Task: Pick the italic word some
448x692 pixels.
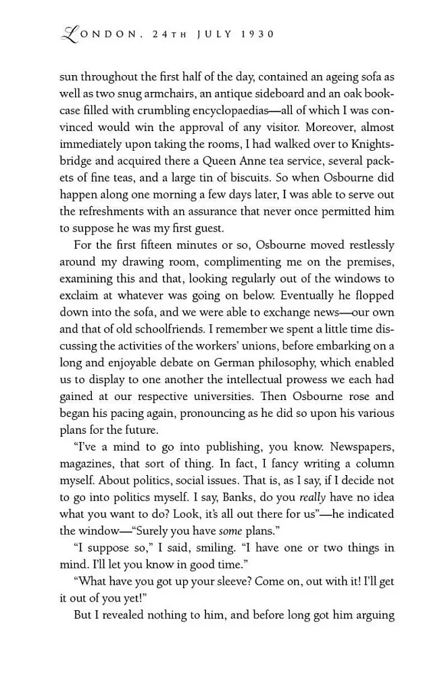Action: pos(230,531)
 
